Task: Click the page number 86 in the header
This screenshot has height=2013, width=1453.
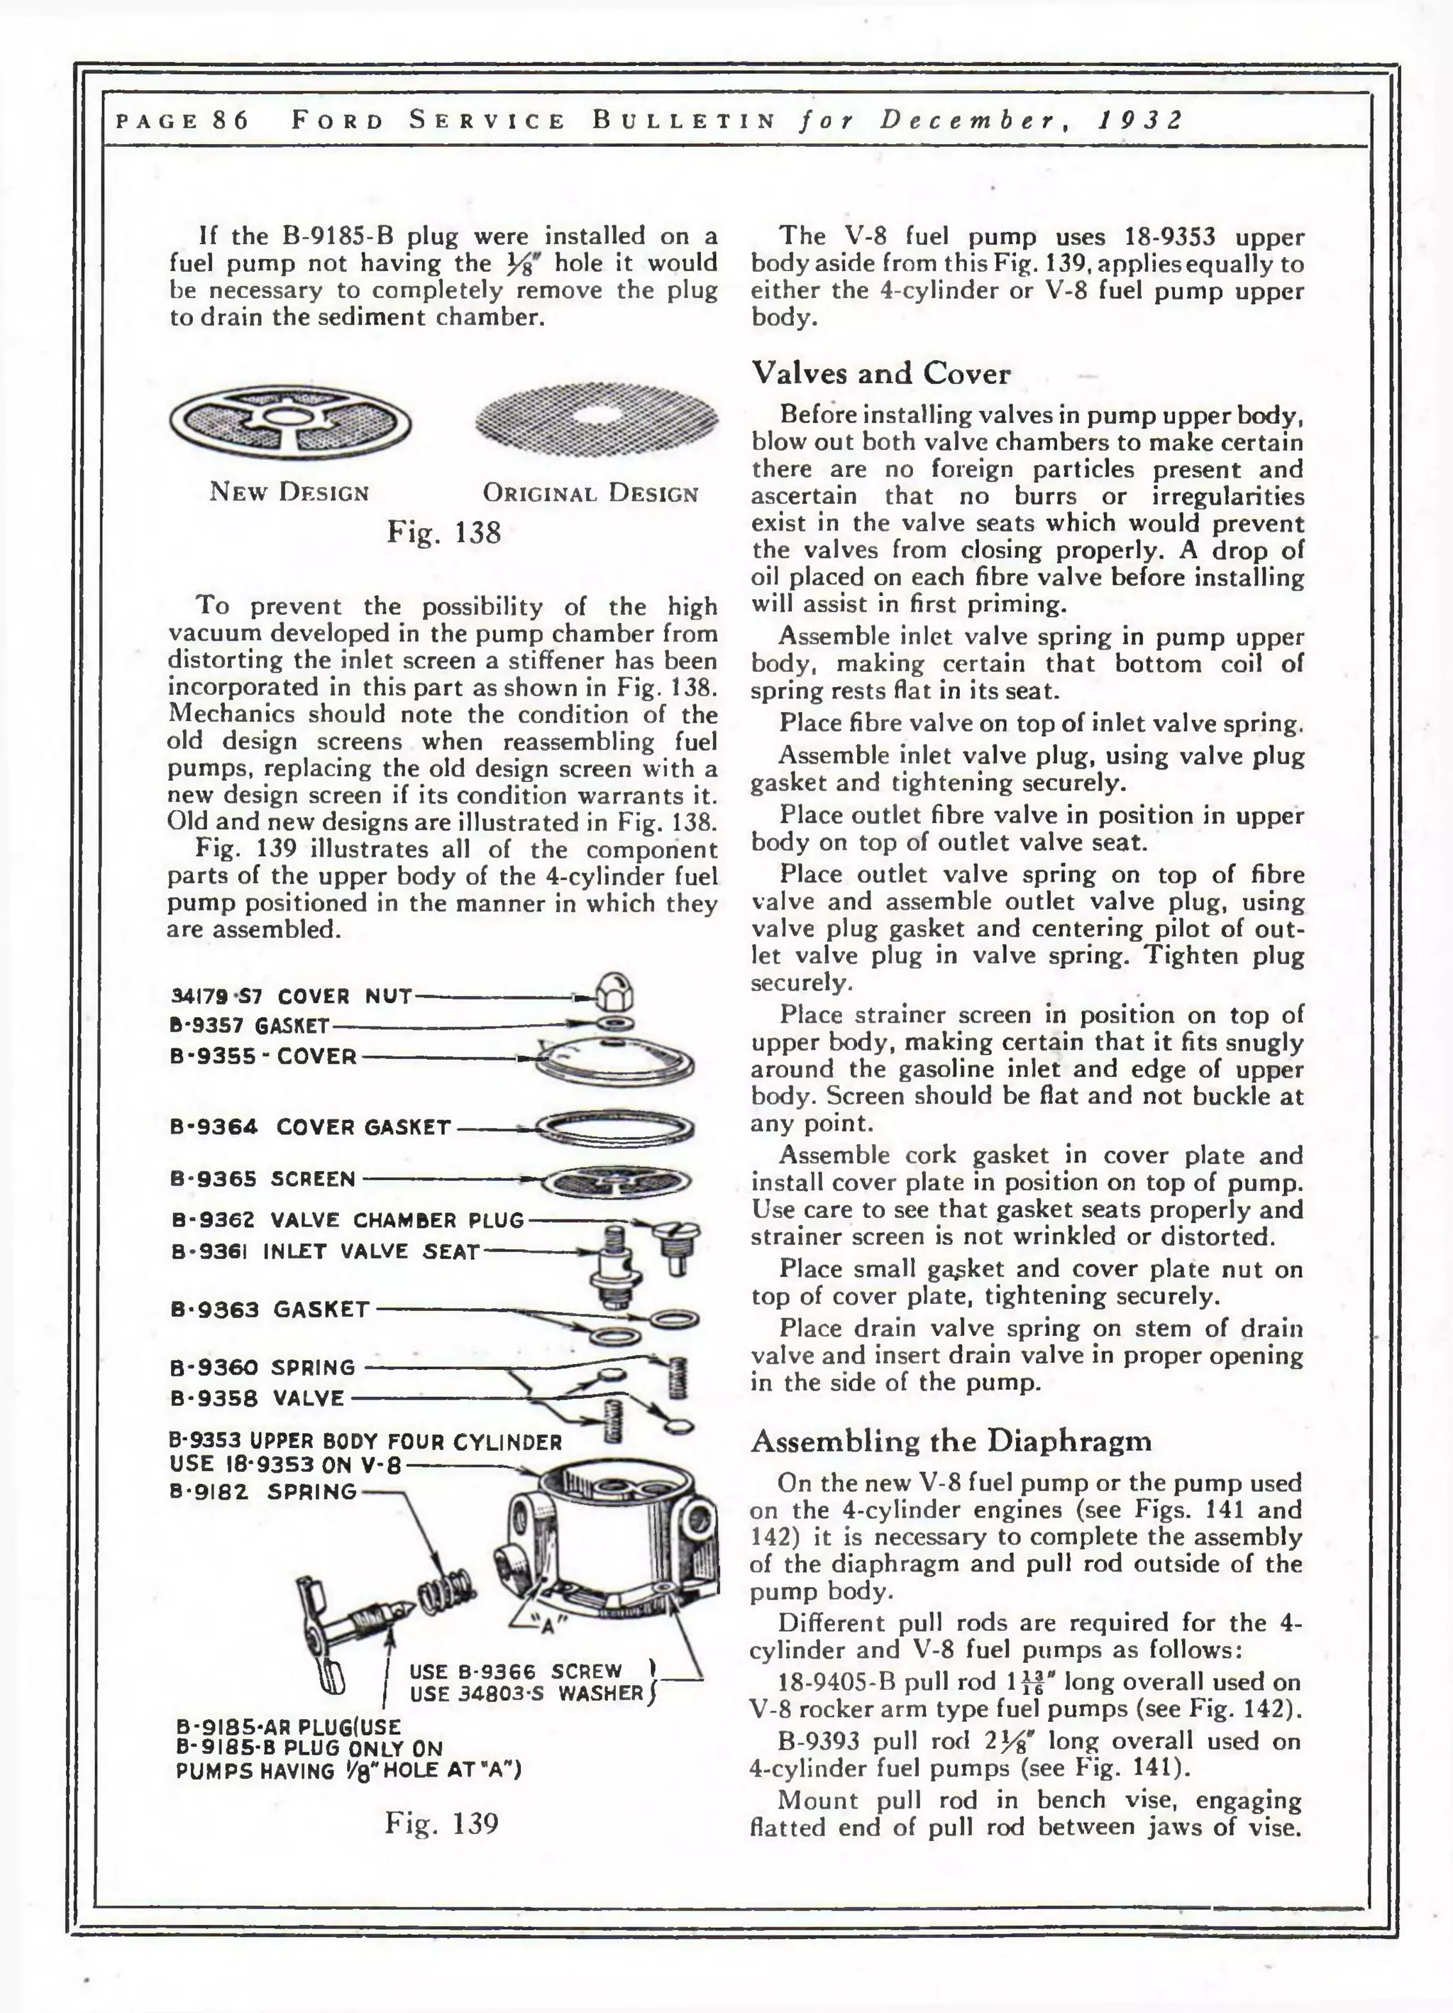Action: click(x=230, y=121)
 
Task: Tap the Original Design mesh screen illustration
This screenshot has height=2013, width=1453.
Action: click(x=596, y=419)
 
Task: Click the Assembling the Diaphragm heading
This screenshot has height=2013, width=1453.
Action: click(x=950, y=1440)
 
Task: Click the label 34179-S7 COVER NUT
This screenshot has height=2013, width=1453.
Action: click(x=291, y=996)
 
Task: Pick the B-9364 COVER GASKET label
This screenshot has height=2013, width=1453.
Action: click(x=311, y=1127)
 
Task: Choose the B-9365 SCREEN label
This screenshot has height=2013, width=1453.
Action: click(x=263, y=1180)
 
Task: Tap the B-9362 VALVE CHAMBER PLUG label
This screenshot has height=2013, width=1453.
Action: click(x=347, y=1220)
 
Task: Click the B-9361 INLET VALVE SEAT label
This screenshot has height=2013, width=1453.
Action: click(x=325, y=1252)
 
